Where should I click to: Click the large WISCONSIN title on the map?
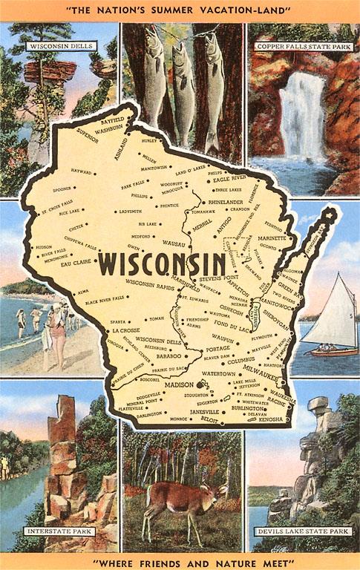pyautogui.click(x=162, y=263)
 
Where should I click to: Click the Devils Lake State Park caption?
pyautogui.click(x=303, y=531)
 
